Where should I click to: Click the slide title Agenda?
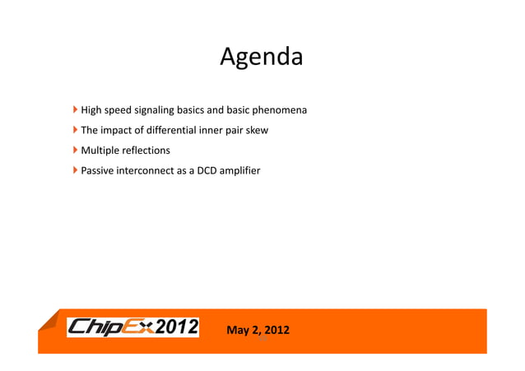coord(262,58)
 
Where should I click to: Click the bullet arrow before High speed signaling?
coord(76,109)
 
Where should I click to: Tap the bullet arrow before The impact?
coord(76,130)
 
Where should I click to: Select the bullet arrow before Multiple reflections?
coord(76,151)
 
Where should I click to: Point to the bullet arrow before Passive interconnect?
coord(76,171)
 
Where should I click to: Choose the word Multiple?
coord(99,151)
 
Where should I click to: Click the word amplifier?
coord(240,171)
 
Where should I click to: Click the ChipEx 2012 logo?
coord(132,327)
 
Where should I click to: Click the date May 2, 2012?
coord(258,331)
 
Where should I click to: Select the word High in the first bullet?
coord(91,110)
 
